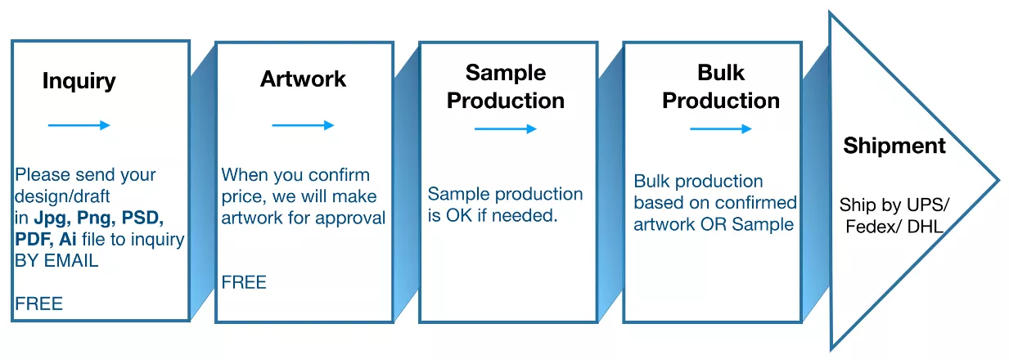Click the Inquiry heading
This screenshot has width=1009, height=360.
(x=79, y=81)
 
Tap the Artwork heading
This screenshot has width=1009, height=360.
(x=303, y=79)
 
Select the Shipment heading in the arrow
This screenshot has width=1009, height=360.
(x=894, y=146)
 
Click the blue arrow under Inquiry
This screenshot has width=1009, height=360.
(x=79, y=125)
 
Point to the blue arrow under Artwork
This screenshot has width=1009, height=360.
(x=303, y=125)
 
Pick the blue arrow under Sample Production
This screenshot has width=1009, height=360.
(x=506, y=128)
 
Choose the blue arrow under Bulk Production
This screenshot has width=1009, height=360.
(x=721, y=128)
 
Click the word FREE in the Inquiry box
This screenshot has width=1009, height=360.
(x=38, y=304)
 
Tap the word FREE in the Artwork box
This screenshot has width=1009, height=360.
(x=244, y=282)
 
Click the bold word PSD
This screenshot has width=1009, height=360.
(x=142, y=218)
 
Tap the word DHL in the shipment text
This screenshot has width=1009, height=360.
(x=925, y=227)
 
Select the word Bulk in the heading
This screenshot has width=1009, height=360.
(x=721, y=73)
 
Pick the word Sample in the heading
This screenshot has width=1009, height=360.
(x=506, y=74)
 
